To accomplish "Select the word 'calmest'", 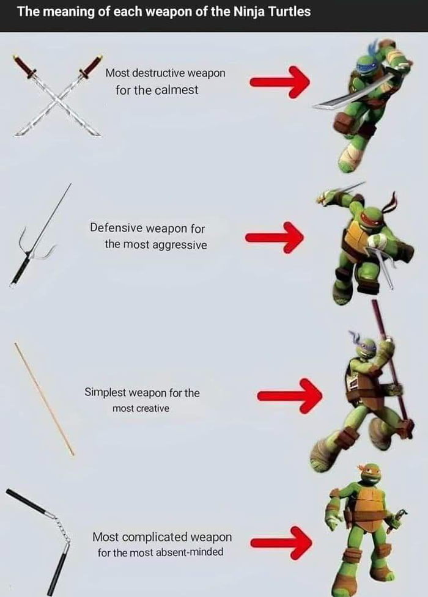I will [177, 90].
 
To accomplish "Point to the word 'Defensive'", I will [116, 228].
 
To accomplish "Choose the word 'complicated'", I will [155, 537].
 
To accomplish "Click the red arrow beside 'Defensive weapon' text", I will [275, 237].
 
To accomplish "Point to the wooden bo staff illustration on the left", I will [44, 398].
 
